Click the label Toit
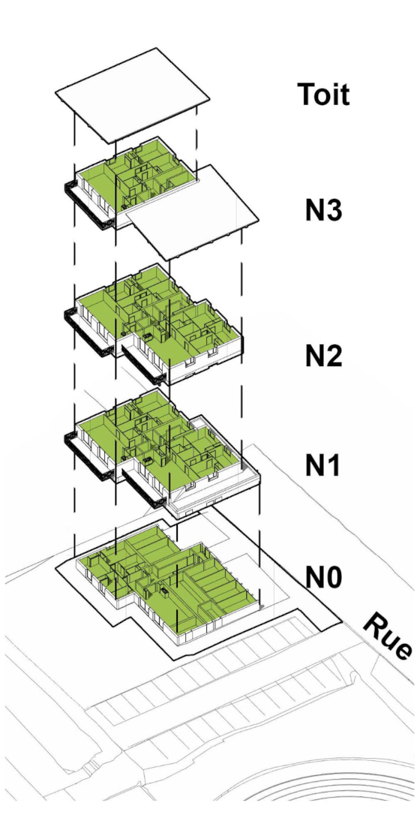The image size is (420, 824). click(322, 95)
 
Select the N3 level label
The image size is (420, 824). click(323, 211)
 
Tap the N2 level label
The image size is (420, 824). click(323, 356)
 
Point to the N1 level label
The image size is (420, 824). click(322, 464)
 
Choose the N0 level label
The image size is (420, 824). click(323, 577)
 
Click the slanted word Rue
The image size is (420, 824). click(386, 636)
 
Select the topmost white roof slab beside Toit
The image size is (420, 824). click(133, 95)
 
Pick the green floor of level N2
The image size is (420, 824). click(157, 310)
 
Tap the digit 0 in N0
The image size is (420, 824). click(334, 577)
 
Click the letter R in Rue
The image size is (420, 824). click(372, 624)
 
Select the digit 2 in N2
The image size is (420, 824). click(334, 356)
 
